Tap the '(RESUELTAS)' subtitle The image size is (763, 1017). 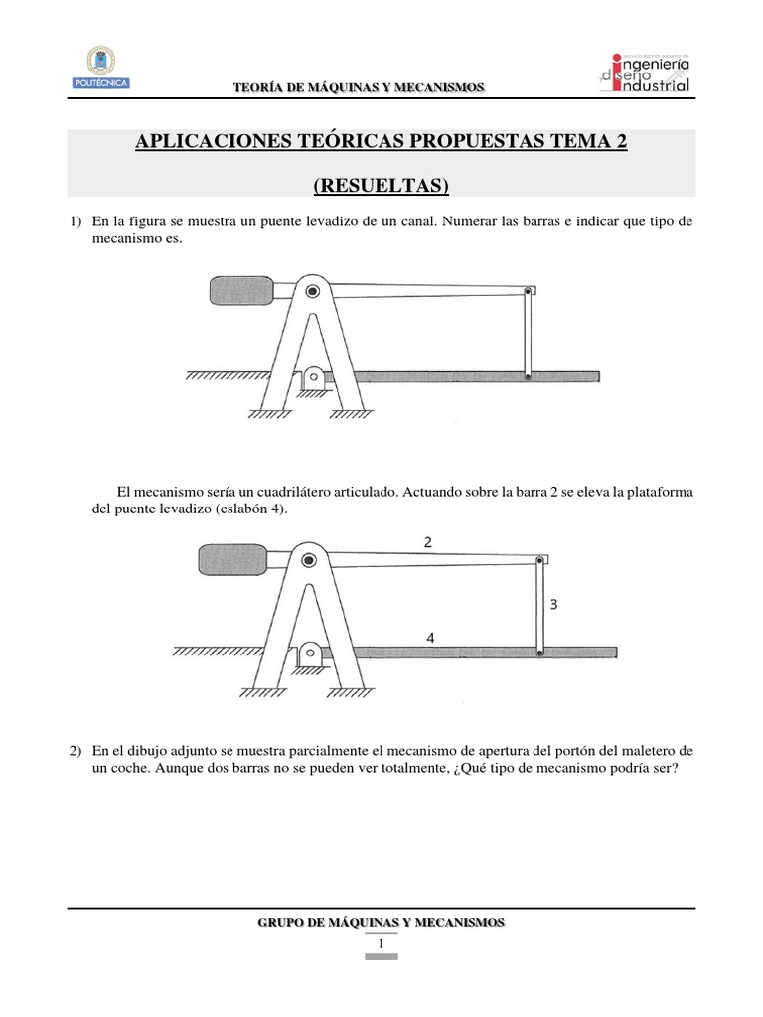381,185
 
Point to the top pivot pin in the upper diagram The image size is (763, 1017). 313,291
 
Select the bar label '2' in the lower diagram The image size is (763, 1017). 427,541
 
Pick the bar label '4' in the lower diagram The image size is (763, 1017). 430,640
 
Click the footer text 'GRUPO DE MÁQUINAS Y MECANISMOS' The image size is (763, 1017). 381,923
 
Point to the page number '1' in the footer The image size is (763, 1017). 381,944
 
